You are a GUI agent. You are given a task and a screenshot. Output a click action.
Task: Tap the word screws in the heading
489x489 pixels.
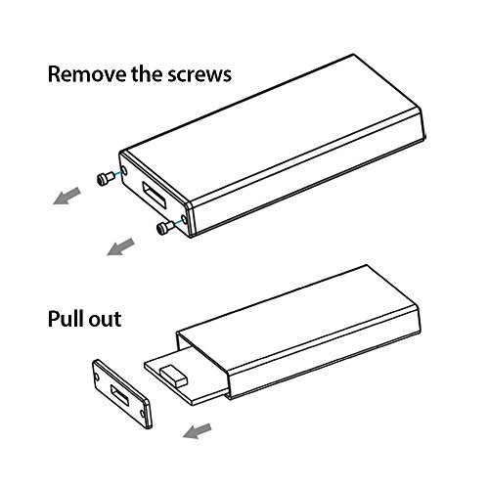pyautogui.click(x=200, y=74)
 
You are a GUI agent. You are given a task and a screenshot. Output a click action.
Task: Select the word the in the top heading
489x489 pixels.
pyautogui.click(x=148, y=73)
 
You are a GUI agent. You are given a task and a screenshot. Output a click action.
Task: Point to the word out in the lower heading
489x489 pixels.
pyautogui.click(x=105, y=320)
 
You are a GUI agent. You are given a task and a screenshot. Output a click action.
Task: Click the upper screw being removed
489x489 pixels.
pyautogui.click(x=106, y=178)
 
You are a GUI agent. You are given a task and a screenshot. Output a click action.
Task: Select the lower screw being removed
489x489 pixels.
pyautogui.click(x=165, y=227)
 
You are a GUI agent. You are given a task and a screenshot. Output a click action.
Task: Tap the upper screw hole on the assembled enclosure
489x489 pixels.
pyautogui.click(x=124, y=170)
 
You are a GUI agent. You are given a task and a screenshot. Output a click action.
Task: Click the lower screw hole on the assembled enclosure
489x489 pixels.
pyautogui.click(x=184, y=219)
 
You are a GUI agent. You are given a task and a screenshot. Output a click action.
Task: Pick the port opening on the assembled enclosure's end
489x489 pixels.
pyautogui.click(x=155, y=195)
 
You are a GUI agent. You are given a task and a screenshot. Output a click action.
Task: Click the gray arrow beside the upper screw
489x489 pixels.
pyautogui.click(x=67, y=196)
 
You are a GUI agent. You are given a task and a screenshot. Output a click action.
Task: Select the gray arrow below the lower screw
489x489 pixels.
pyautogui.click(x=120, y=246)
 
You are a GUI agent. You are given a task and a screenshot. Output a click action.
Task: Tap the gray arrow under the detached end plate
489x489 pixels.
pyautogui.click(x=198, y=430)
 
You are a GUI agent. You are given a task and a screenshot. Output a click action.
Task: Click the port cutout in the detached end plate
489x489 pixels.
pyautogui.click(x=119, y=395)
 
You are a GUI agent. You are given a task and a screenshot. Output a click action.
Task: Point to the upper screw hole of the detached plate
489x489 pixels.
pyautogui.click(x=97, y=377)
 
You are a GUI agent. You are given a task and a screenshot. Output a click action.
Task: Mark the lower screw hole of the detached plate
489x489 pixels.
pyautogui.click(x=143, y=414)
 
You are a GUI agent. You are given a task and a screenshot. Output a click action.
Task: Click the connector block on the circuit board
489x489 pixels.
pyautogui.click(x=174, y=376)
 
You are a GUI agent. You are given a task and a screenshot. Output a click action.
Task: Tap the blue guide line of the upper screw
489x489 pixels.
pyautogui.click(x=118, y=173)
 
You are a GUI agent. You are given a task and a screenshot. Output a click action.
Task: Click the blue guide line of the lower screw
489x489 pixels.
pyautogui.click(x=178, y=222)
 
